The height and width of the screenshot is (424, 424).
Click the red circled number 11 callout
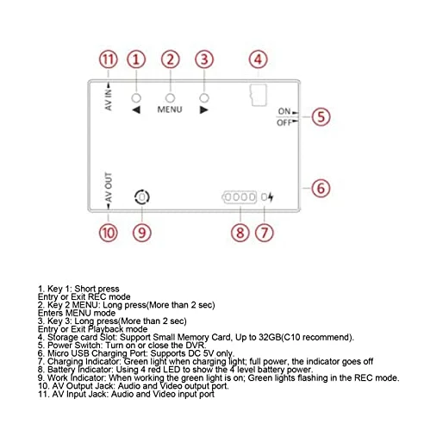pos(109,59)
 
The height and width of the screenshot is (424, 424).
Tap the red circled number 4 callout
pos(258,59)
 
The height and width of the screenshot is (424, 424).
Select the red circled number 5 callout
pos(321,116)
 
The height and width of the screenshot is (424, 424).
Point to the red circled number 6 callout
pos(321,188)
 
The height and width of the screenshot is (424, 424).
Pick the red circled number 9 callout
pos(142,233)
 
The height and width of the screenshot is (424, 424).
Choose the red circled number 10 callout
pos(109,233)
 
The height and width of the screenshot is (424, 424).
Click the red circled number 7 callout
pos(265,233)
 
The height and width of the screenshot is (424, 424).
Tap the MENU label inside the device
pos(170,109)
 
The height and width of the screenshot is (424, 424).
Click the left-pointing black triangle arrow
pos(136,109)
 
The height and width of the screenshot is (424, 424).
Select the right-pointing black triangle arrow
pos(203,109)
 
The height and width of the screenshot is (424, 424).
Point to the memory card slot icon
pos(259,95)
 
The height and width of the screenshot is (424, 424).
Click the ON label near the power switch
pos(284,111)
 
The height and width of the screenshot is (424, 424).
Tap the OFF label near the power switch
pos(284,123)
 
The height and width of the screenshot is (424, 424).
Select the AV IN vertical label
pos(109,100)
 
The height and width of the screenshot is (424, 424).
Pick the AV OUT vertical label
pos(109,187)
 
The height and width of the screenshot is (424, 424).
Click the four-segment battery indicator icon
pos(240,197)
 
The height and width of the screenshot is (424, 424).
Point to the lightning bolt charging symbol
pos(271,197)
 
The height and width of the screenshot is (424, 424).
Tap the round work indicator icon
pos(142,197)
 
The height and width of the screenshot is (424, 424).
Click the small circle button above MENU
pos(170,98)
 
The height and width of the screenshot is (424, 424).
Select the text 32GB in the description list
pos(270,337)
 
